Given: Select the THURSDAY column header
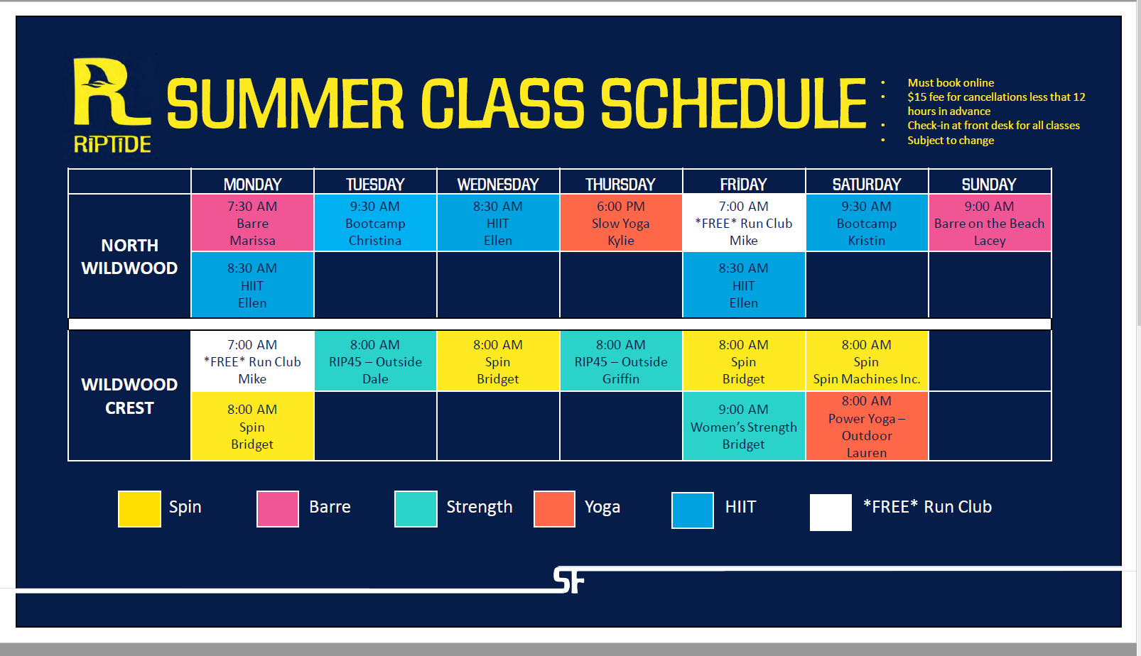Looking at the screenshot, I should pos(620,184).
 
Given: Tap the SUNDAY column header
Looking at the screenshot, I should pos(989,184).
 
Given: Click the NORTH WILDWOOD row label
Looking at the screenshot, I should pos(129,256).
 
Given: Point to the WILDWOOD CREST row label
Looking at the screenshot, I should pos(129,395).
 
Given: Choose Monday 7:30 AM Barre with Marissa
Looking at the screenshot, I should pos(252,223).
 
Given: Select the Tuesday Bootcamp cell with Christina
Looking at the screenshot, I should pos(375,223).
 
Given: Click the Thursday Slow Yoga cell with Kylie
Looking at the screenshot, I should pos(621,223).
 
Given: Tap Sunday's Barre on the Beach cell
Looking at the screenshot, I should pos(989,223).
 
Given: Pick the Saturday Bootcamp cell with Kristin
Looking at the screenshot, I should pos(866,223).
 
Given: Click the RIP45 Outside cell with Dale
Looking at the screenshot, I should pos(375,361).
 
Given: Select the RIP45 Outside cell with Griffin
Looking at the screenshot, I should pos(621,361).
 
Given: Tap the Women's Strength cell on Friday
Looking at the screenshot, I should pos(743,427).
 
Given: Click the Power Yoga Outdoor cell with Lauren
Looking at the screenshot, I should pos(866,427).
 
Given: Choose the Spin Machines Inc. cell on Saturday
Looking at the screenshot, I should pos(866,361).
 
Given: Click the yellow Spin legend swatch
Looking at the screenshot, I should pos(139,509).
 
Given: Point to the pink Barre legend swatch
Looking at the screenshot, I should pos(278,509).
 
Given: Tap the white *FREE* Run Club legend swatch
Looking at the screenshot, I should pos(831,512).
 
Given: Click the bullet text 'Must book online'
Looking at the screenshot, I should pos(951,82).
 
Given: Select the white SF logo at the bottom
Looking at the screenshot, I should pos(568,580).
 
